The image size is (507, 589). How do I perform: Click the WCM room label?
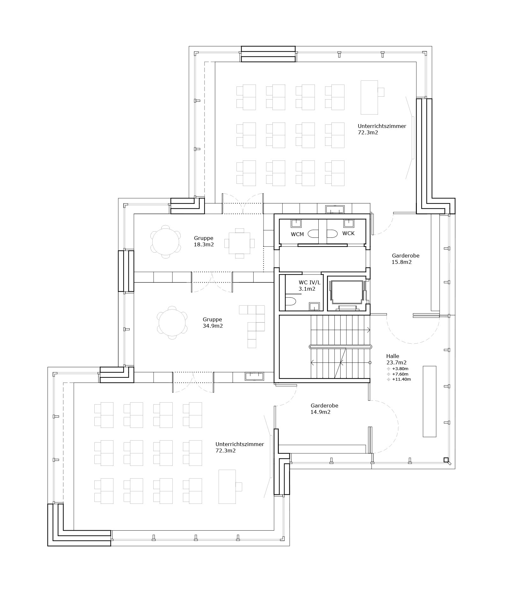pos(297,234)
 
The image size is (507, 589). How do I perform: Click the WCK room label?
pos(348,233)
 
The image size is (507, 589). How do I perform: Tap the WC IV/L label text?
pos(309,282)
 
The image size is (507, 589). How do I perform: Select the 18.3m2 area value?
pos(204,245)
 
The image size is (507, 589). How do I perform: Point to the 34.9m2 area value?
pos(213,326)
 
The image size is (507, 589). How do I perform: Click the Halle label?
pos(393,356)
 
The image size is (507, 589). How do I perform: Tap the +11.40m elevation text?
pos(402,379)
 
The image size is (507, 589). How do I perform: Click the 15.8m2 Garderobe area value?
pos(402,262)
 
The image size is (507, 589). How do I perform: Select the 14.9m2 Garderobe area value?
pos(321,412)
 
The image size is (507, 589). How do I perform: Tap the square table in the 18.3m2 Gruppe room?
pos(240,243)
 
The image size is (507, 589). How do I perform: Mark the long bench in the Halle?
pos(429,401)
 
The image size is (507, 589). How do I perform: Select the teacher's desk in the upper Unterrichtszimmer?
pos(369,97)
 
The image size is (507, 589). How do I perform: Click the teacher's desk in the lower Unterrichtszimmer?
pos(227,486)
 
